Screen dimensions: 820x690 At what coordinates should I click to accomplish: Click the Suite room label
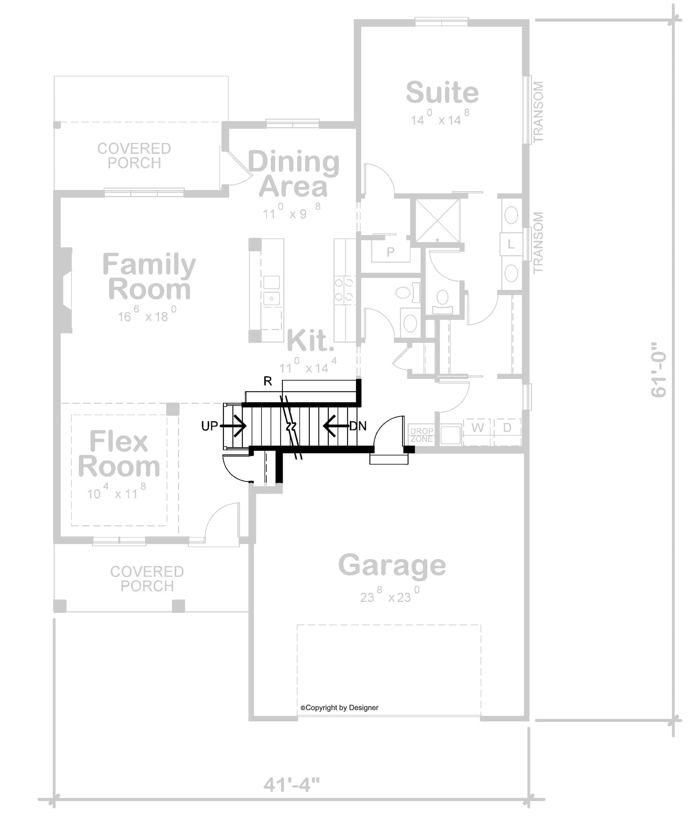[x=442, y=93]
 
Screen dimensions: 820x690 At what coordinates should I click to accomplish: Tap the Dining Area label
[x=293, y=174]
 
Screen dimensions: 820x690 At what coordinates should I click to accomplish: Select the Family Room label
[x=149, y=276]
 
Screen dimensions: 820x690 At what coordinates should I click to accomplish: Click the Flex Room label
[x=119, y=454]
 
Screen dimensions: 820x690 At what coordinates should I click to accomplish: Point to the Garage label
[x=392, y=565]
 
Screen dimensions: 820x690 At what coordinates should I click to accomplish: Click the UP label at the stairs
[x=209, y=426]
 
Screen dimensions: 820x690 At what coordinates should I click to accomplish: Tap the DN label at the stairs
[x=358, y=426]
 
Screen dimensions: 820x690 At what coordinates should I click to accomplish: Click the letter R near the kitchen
[x=268, y=381]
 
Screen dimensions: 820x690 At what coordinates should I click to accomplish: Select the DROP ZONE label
[x=421, y=435]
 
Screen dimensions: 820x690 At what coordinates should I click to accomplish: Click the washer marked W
[x=477, y=428]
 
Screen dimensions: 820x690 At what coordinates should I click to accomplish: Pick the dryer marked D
[x=507, y=428]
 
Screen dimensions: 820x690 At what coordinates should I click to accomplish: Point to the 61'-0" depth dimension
[x=659, y=370]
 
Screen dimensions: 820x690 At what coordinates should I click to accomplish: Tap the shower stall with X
[x=438, y=221]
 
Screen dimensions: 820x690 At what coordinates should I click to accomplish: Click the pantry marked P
[x=391, y=252]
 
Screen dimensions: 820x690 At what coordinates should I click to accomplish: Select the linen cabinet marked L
[x=511, y=244]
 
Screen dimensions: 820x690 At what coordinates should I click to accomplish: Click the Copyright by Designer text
[x=339, y=708]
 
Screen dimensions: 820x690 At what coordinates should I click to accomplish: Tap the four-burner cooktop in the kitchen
[x=344, y=290]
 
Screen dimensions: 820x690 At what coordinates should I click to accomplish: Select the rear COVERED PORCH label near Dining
[x=134, y=156]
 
